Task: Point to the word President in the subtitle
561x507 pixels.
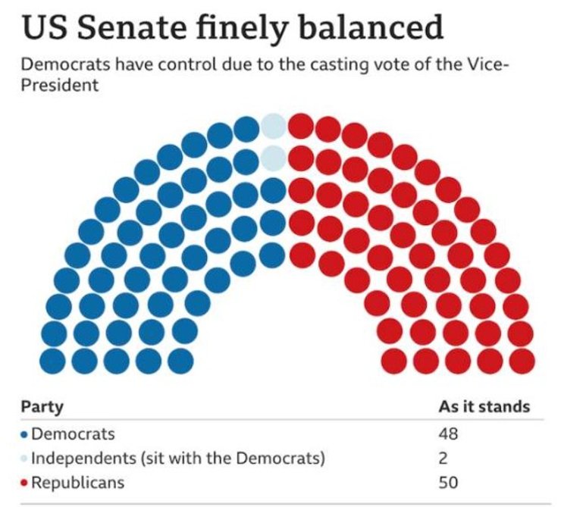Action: click(60, 86)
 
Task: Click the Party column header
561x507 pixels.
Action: click(42, 407)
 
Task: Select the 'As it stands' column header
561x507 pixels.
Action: click(484, 407)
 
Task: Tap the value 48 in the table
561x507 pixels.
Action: click(449, 434)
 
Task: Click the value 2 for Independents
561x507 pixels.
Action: click(444, 458)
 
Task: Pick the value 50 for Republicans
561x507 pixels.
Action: click(449, 481)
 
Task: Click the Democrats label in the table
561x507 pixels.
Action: click(73, 434)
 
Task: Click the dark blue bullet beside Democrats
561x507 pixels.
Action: click(24, 435)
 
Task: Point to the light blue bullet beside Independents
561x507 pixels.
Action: click(24, 458)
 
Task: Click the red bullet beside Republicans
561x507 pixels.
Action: click(24, 482)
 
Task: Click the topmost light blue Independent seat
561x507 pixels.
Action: click(273, 125)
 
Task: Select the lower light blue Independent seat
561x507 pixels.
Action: click(273, 158)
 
